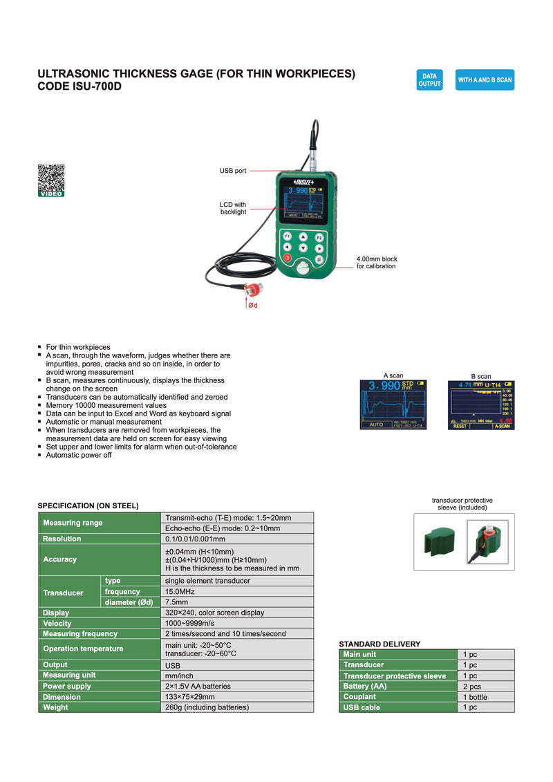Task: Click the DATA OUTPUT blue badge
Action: click(x=429, y=80)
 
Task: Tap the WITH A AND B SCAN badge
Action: click(x=485, y=80)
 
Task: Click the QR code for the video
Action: click(x=51, y=178)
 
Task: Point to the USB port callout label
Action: click(x=233, y=171)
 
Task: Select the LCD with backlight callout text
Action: click(x=233, y=208)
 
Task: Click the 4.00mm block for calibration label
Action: click(x=377, y=263)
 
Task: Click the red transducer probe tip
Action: click(x=254, y=288)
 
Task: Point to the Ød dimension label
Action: click(x=253, y=305)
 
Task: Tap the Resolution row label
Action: click(x=62, y=539)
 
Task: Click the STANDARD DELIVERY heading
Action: click(x=379, y=644)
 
